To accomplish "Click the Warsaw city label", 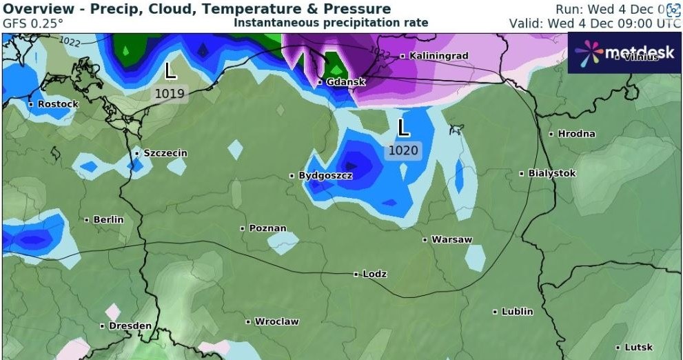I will point(451,239).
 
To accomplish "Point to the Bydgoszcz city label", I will point(325,176).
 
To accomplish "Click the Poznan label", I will point(267,228).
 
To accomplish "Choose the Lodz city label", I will point(374,274).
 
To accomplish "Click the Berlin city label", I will point(108,219).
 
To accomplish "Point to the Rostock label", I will point(58,103).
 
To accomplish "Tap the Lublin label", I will point(517,312).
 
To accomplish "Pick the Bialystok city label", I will point(551,173).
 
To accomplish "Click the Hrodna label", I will point(576,133).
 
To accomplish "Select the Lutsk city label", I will point(638,347).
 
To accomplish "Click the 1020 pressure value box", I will point(403,150).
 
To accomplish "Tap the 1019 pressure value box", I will point(170,94).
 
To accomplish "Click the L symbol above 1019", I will point(170,70).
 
